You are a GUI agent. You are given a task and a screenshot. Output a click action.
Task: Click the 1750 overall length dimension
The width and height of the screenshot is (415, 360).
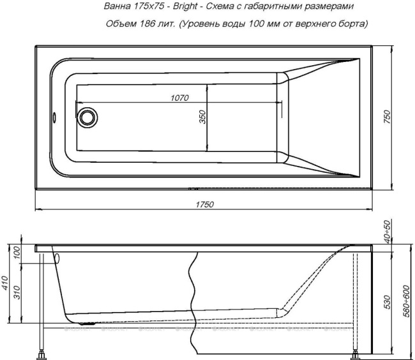point(204,204)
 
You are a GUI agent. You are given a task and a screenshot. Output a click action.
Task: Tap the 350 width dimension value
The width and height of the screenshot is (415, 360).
point(202,118)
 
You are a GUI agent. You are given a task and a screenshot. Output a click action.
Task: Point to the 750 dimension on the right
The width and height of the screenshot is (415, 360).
point(387,117)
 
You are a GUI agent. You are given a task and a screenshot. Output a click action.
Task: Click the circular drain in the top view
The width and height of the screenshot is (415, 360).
point(87,117)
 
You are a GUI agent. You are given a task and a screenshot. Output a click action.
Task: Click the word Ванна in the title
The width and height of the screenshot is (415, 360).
point(118,7)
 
